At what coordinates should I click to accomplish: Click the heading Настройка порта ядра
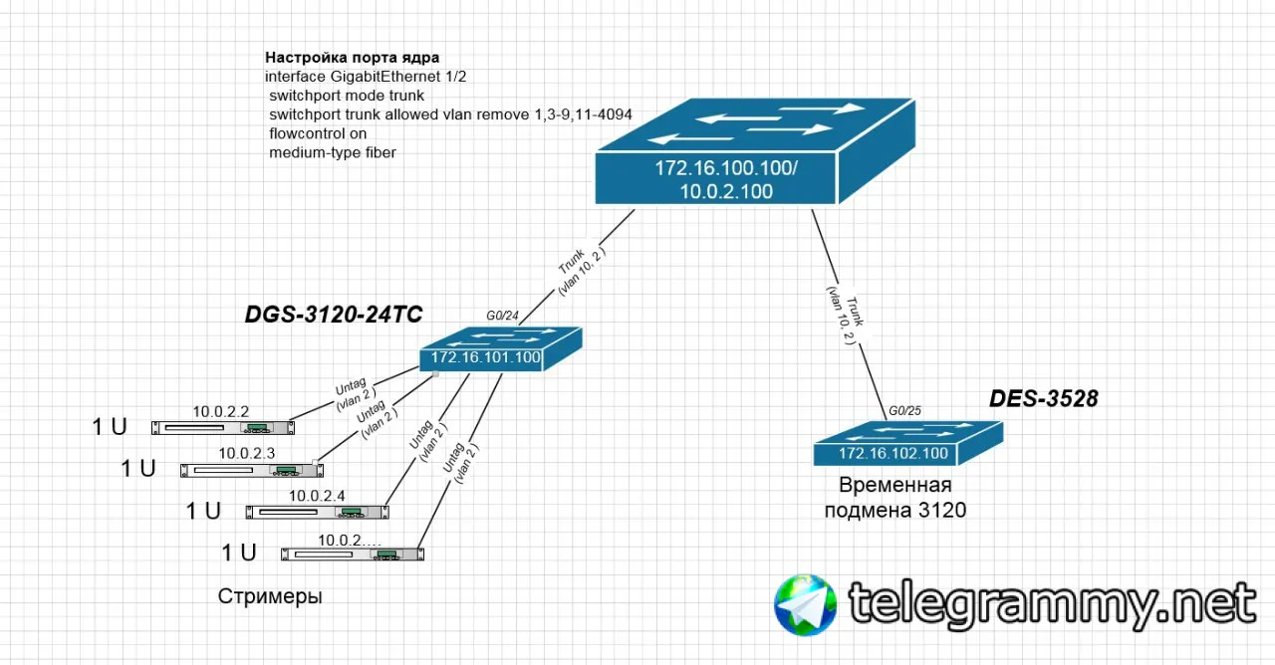click(x=352, y=58)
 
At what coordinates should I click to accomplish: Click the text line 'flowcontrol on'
click(x=318, y=133)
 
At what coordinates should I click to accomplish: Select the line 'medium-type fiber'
click(x=333, y=152)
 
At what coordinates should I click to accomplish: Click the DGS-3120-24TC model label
click(x=334, y=315)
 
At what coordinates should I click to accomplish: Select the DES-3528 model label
click(x=1043, y=399)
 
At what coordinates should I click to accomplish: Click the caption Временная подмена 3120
click(x=894, y=498)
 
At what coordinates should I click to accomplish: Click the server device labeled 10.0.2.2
click(x=223, y=427)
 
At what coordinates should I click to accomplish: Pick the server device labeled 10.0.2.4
click(x=318, y=512)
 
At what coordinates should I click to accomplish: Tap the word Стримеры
click(x=270, y=597)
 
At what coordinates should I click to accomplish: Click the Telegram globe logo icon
click(x=805, y=603)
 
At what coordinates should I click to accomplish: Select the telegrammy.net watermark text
click(x=1051, y=601)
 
